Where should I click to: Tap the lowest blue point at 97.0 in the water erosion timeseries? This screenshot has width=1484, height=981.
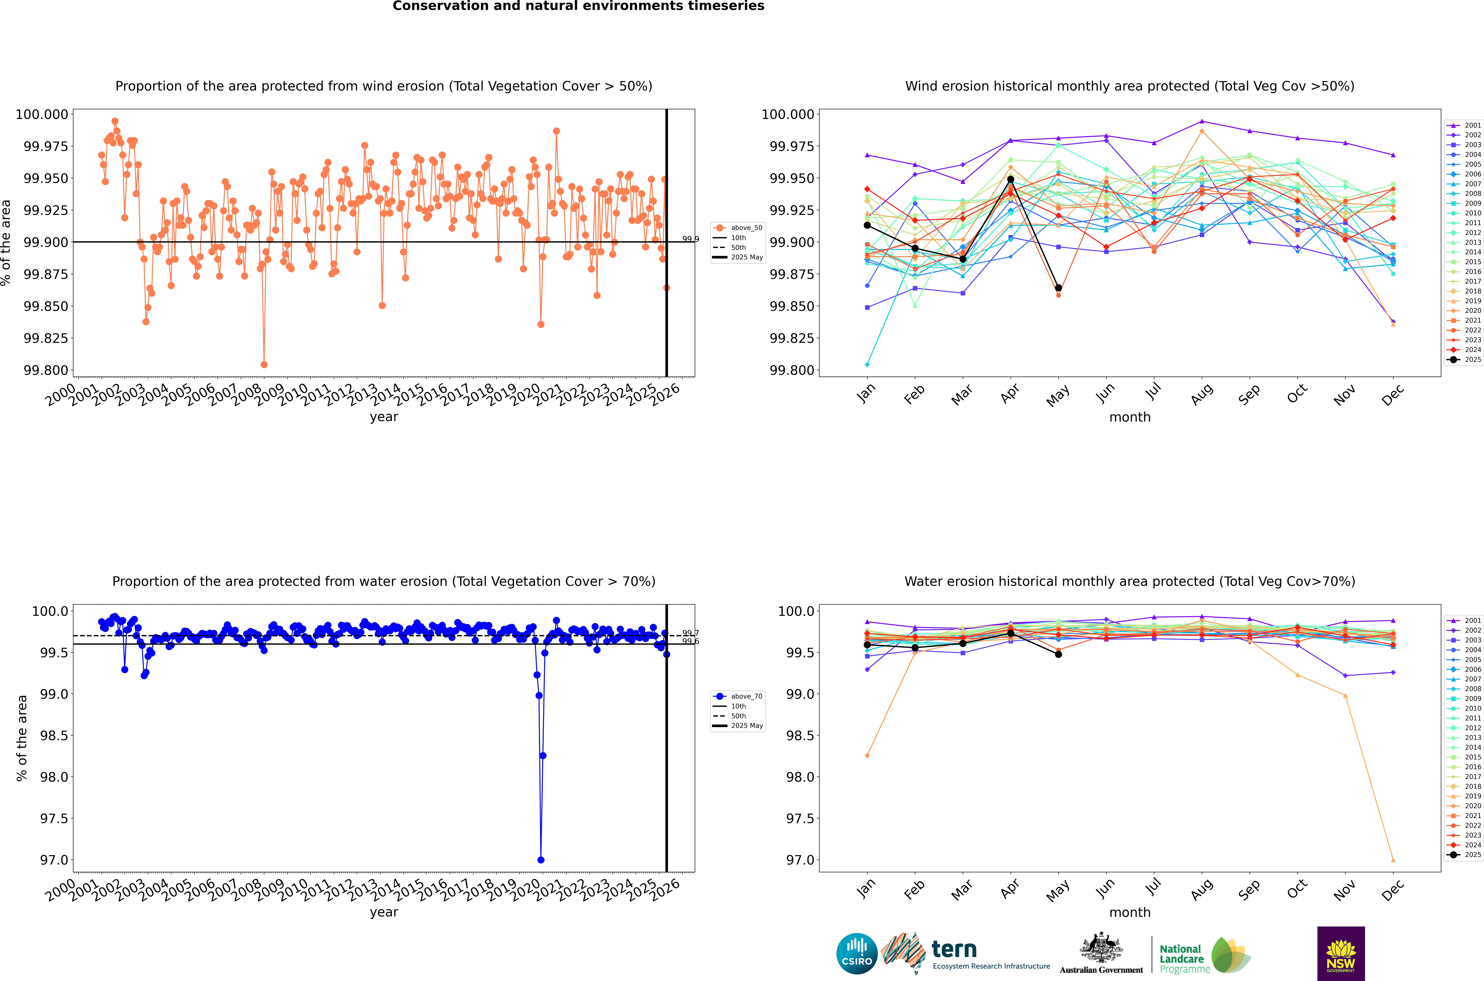[x=541, y=860]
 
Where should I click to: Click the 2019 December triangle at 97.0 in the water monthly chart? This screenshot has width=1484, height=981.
[x=1393, y=860]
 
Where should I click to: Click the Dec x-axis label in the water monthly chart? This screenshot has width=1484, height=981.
[x=1393, y=890]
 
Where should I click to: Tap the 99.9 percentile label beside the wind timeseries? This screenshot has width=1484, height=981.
[x=690, y=239]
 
